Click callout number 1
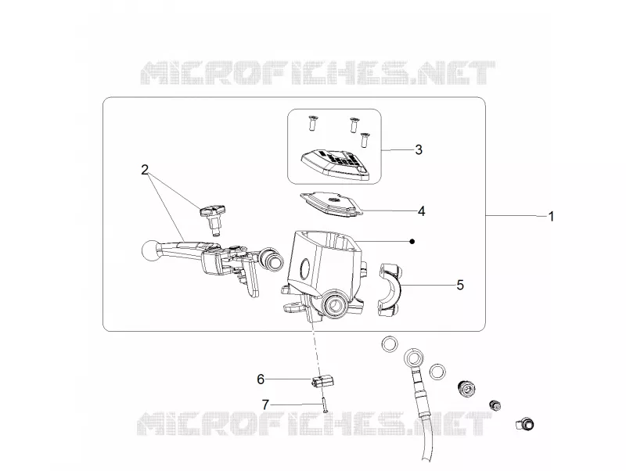pyautogui.click(x=552, y=217)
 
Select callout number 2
pyautogui.click(x=145, y=170)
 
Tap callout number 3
pyautogui.click(x=419, y=149)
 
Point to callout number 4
pyautogui.click(x=422, y=211)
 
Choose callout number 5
pyautogui.click(x=460, y=285)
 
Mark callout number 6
pyautogui.click(x=261, y=379)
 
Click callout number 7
pyautogui.click(x=265, y=404)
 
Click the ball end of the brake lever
pyautogui.click(x=149, y=250)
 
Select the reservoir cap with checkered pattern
pyautogui.click(x=336, y=164)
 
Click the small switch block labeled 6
pyautogui.click(x=322, y=381)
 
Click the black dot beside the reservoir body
pyautogui.click(x=412, y=242)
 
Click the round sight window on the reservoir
pyautogui.click(x=307, y=268)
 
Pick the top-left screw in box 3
pyautogui.click(x=311, y=124)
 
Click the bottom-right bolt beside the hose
pyautogui.click(x=525, y=423)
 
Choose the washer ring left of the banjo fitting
pyautogui.click(x=390, y=343)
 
